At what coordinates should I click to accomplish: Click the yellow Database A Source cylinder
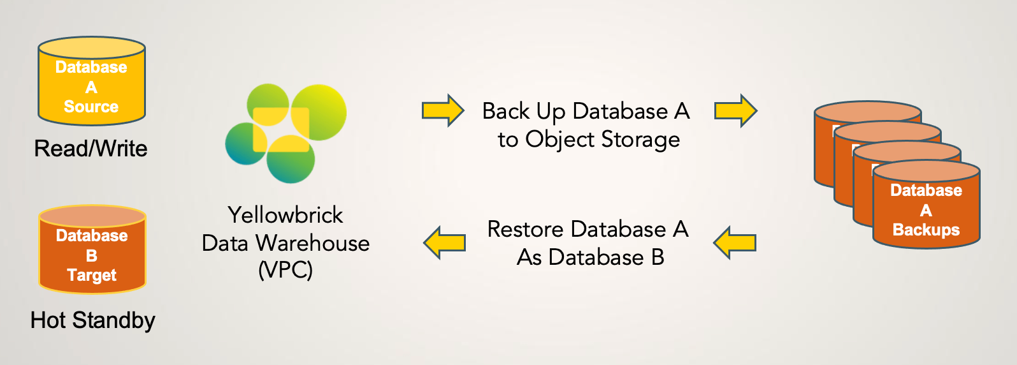tap(92, 81)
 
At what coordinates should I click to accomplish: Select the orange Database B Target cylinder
tap(92, 250)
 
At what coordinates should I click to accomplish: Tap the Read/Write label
tap(90, 149)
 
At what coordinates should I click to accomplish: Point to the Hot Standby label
tap(93, 320)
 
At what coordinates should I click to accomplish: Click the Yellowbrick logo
tap(285, 133)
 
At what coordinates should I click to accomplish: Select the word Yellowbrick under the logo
tap(285, 215)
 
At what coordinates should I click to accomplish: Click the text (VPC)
tap(285, 270)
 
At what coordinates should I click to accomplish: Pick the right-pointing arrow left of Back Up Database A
tap(443, 110)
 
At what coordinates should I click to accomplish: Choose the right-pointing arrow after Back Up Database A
tap(735, 110)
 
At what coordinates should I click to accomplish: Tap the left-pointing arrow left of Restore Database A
tap(445, 242)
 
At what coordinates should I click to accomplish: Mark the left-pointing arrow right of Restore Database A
tap(735, 242)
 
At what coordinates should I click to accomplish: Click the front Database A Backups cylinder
tap(926, 205)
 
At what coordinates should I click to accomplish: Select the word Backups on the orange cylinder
tap(926, 230)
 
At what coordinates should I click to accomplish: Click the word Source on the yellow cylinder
tap(91, 107)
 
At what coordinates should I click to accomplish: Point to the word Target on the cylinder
tap(92, 275)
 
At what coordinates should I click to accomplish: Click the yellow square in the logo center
tap(280, 130)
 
